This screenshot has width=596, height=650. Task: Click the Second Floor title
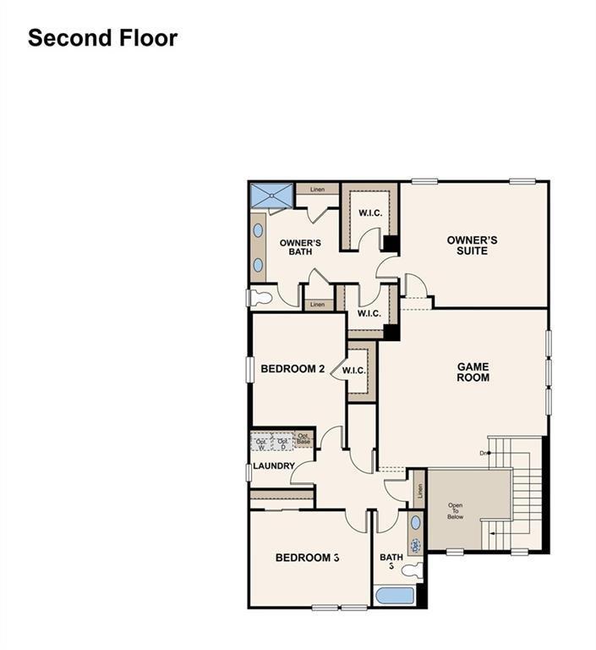102,38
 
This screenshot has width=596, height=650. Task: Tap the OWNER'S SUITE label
472,245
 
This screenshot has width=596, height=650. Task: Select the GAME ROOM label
473,372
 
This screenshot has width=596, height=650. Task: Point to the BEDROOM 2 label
293,368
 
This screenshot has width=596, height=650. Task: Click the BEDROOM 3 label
308,558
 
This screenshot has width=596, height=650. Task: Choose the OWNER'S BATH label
300,247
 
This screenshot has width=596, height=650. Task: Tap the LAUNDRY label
273,466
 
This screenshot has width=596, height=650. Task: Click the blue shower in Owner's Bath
271,194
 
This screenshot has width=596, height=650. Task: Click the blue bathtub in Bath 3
394,595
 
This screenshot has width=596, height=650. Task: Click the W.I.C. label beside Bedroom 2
353,371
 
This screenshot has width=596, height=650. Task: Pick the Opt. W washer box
261,442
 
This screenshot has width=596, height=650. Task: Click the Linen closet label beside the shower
317,189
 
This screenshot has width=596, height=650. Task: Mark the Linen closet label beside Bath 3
418,490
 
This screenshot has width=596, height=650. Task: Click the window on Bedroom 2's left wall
250,369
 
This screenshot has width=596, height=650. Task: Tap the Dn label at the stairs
484,454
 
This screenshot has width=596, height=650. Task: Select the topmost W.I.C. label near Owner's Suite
370,212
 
